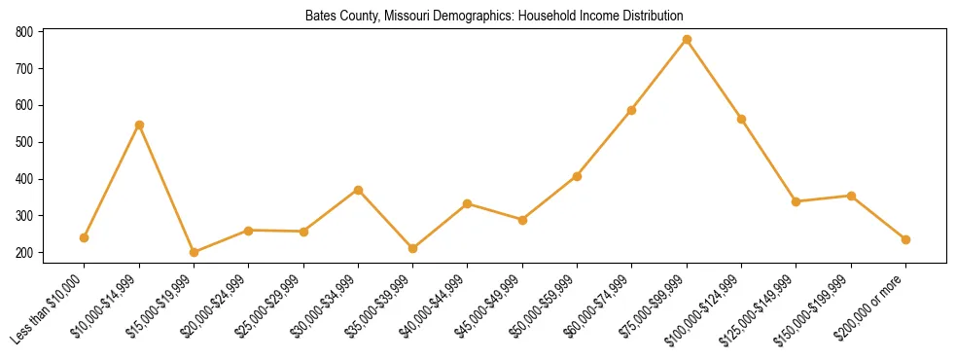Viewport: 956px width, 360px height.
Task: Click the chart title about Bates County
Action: click(x=494, y=17)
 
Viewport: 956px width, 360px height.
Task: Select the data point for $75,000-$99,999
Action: click(x=687, y=40)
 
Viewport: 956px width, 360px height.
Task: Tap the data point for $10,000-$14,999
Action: click(x=139, y=125)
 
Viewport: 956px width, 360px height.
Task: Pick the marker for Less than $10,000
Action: click(x=85, y=237)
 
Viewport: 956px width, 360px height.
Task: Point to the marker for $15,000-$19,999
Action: click(x=194, y=252)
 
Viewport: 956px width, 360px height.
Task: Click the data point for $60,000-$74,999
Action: click(x=632, y=110)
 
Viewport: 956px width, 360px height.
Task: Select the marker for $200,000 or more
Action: click(x=905, y=239)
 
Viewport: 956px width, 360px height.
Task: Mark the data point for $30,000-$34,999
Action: click(x=358, y=190)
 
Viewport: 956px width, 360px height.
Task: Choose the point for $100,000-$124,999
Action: click(x=741, y=119)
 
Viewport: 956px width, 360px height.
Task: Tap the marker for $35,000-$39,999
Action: click(x=412, y=248)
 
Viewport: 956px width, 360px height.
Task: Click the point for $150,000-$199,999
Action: click(x=851, y=196)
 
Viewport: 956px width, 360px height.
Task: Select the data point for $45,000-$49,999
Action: click(x=522, y=220)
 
